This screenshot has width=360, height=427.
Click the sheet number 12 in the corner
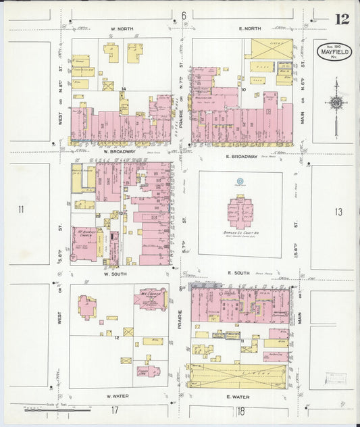click(x=342, y=19)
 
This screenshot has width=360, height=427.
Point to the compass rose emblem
click(x=335, y=103)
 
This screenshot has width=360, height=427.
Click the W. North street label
click(x=122, y=29)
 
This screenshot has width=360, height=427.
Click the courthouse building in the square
click(x=240, y=211)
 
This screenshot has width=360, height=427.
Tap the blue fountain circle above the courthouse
click(x=239, y=181)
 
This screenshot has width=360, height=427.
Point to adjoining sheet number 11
click(x=21, y=209)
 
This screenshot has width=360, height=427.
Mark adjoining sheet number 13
click(x=338, y=212)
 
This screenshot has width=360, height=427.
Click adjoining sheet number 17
click(x=115, y=410)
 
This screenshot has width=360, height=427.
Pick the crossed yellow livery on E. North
click(x=272, y=49)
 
